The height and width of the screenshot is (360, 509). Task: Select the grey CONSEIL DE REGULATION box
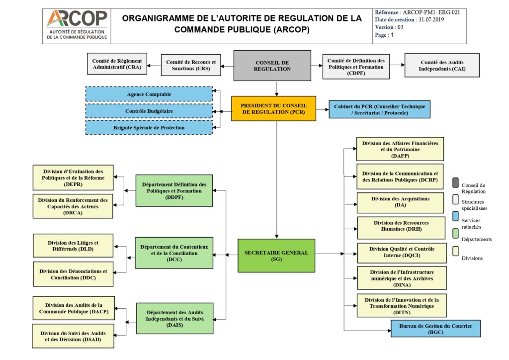[272, 66]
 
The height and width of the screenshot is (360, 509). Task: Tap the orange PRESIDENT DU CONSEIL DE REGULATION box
[273, 109]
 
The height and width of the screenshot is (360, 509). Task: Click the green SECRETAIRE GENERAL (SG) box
[276, 256]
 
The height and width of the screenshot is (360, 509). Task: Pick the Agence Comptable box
[149, 94]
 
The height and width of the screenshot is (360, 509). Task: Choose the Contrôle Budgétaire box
[149, 111]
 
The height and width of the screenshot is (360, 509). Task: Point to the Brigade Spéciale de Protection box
[149, 127]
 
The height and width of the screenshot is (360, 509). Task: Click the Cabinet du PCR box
[379, 109]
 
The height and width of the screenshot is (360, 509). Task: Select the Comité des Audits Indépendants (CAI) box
[442, 65]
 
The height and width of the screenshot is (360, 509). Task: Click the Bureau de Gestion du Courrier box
[435, 329]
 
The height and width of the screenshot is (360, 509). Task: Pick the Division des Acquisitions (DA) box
[400, 202]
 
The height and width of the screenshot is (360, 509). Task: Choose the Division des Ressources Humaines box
[401, 226]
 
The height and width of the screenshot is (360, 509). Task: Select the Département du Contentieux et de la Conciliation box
[174, 253]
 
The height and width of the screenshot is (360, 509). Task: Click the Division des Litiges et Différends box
[73, 246]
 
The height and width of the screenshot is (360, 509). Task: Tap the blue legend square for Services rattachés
[455, 217]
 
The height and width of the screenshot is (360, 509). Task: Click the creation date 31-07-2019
[430, 20]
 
